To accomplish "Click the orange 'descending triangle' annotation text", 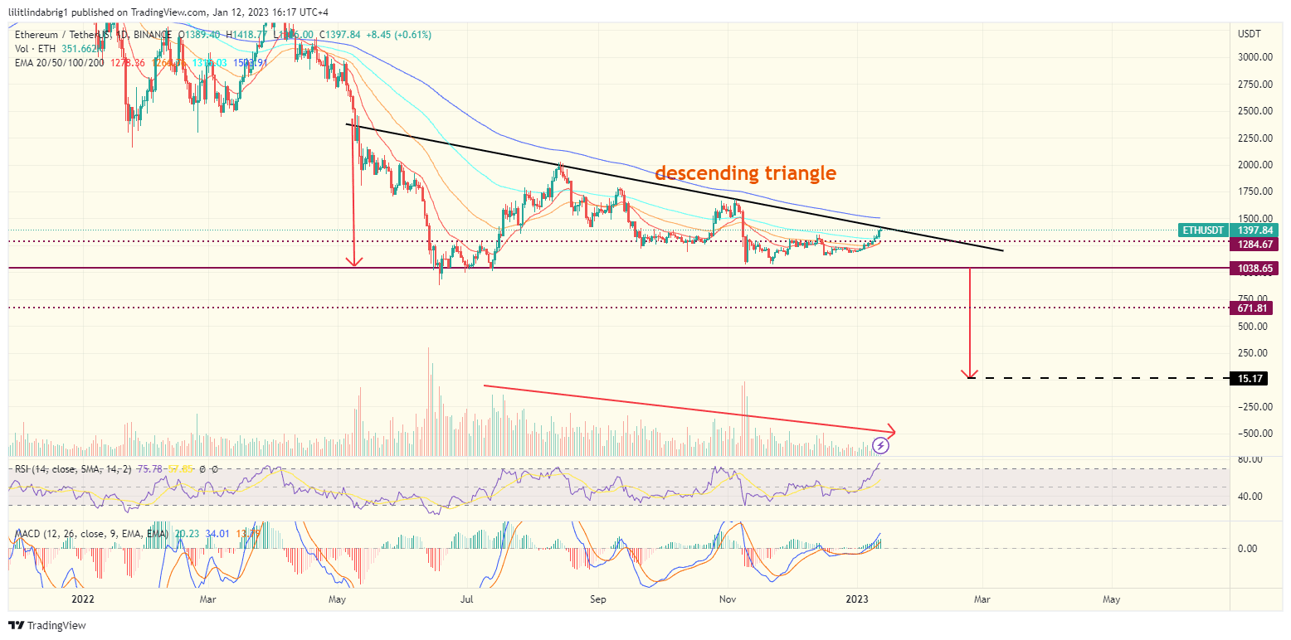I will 745,173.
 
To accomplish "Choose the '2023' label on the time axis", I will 856,598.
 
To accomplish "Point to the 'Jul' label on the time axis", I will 467,598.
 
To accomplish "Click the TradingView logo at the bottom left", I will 47,625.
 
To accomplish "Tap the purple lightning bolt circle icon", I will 882,446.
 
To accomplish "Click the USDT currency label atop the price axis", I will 1249,34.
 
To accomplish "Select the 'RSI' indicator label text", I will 22,469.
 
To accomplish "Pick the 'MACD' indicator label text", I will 27,534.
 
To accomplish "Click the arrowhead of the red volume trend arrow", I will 892,431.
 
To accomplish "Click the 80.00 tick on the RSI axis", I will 1250,459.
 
